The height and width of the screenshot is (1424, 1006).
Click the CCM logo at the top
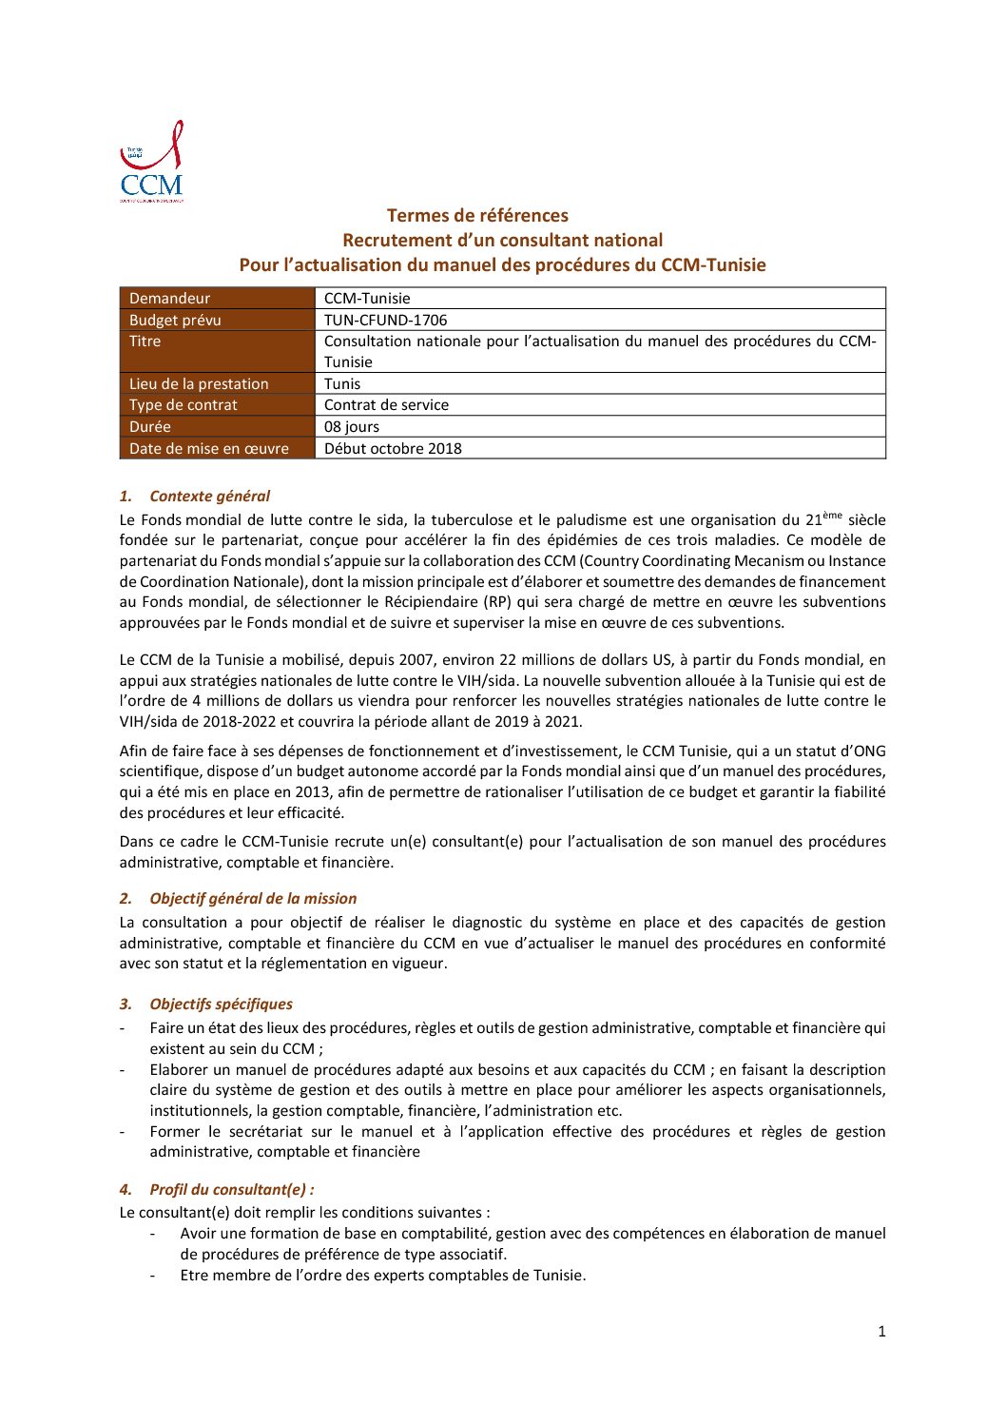151,162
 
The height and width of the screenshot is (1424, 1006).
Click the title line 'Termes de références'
477,216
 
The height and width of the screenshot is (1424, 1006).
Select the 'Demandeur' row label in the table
169,299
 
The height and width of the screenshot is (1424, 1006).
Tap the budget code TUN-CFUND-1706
385,321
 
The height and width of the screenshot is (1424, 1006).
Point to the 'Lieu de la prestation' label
199,384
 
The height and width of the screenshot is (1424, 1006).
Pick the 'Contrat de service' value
386,405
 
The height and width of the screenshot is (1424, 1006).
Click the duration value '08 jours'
351,427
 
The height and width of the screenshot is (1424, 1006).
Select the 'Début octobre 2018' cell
393,449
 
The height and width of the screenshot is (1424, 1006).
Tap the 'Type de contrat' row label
184,405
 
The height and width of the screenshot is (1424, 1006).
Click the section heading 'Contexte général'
209,497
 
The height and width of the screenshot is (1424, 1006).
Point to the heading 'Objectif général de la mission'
253,899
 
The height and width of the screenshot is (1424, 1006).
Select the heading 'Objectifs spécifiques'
221,1005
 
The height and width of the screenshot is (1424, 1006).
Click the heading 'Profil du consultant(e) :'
231,1190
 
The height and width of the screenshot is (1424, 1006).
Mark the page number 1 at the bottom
881,1332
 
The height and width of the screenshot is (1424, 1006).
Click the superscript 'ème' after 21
833,516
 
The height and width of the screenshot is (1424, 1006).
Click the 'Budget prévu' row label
175,321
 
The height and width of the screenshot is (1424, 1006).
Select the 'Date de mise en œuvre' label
209,449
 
